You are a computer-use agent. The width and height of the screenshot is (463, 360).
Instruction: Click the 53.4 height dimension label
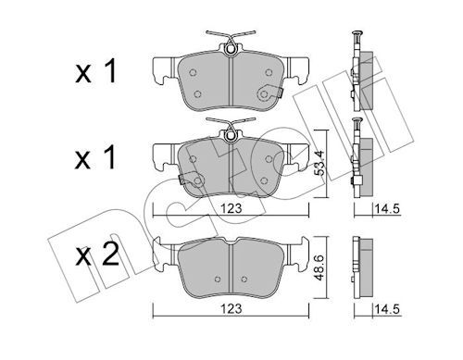pos(320,163)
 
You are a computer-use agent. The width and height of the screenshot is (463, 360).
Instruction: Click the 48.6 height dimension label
pos(320,267)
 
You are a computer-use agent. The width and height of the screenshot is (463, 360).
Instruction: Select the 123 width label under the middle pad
pos(231,208)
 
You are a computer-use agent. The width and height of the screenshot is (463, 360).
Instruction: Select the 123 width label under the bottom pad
pos(231,309)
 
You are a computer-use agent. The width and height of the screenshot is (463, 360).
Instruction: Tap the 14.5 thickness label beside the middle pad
pos(387,209)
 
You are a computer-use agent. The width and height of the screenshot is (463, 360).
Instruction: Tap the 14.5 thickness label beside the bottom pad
pos(387,309)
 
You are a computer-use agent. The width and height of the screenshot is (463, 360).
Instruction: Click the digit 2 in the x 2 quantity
pos(110,254)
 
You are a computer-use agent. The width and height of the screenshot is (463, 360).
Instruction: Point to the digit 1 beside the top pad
pos(110,71)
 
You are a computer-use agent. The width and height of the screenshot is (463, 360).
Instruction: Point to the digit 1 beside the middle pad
pos(110,157)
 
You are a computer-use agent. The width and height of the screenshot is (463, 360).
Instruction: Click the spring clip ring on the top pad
pos(230,49)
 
